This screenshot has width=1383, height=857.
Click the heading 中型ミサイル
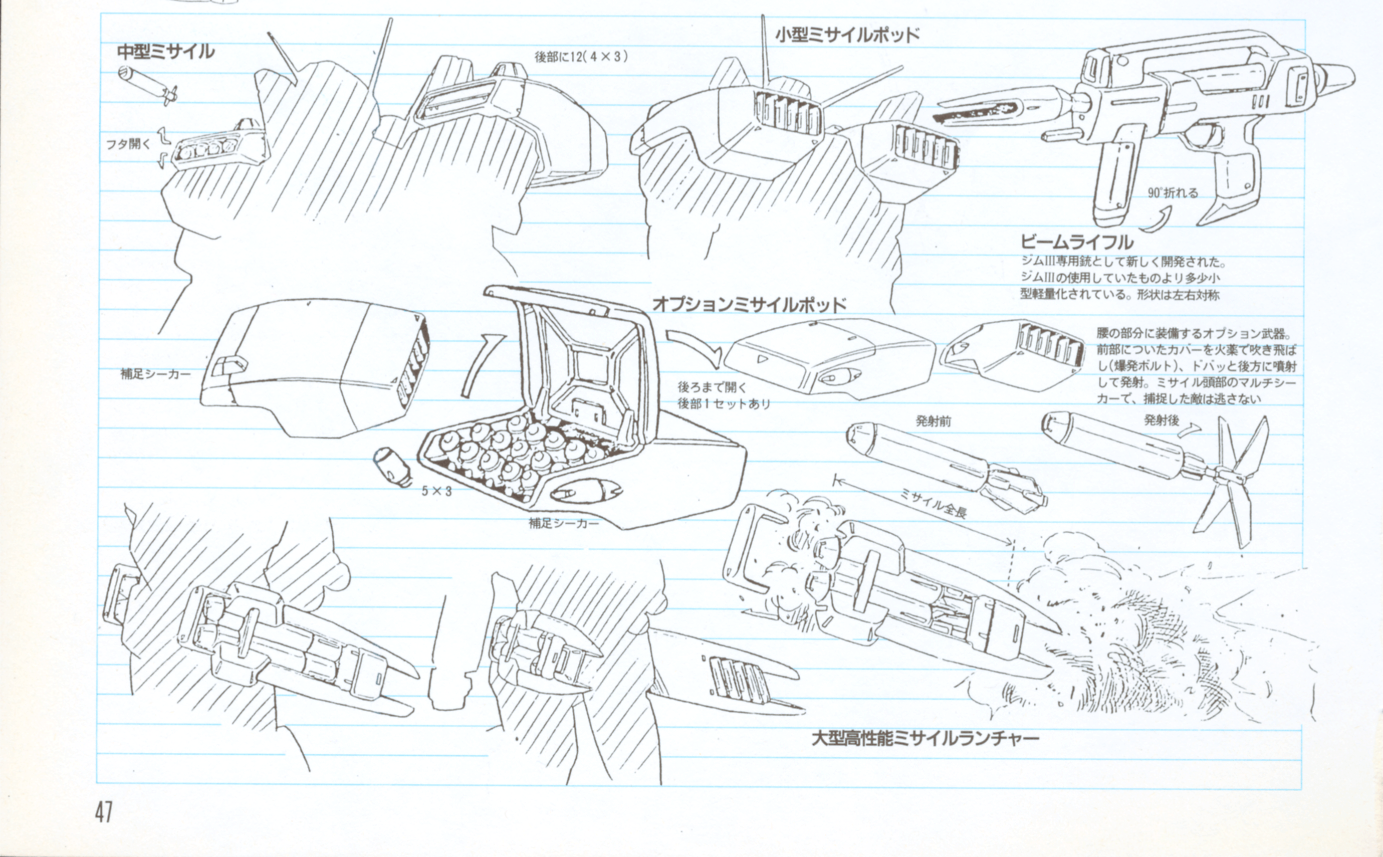click(165, 52)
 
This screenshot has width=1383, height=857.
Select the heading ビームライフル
click(1076, 242)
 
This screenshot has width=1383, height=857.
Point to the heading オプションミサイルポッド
click(750, 304)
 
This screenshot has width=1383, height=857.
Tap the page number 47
click(104, 813)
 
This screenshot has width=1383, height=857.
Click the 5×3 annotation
click(437, 492)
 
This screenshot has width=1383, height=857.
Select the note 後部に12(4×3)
click(581, 57)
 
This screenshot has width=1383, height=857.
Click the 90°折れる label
click(1173, 193)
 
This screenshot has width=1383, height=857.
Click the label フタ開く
click(129, 144)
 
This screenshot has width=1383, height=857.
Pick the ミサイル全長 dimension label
click(933, 504)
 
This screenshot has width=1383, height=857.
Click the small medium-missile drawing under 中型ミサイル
click(147, 85)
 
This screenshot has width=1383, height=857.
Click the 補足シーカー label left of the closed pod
click(156, 374)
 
